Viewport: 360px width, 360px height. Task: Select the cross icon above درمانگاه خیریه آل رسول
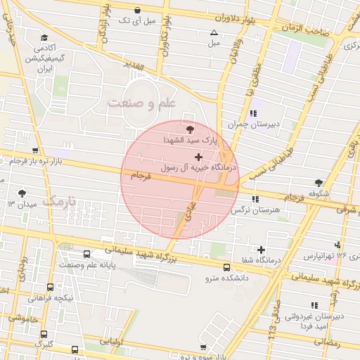point(198,156)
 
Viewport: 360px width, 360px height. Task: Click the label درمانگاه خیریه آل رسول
point(200,168)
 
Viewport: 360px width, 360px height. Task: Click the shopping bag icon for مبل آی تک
point(136,10)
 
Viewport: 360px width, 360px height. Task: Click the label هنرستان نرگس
point(259,210)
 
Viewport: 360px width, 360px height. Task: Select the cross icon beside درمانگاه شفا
point(262,249)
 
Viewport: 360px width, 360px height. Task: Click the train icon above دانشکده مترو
point(226,267)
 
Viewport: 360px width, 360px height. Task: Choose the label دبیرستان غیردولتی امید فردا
point(314,322)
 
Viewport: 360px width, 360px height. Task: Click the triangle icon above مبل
point(214,32)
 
